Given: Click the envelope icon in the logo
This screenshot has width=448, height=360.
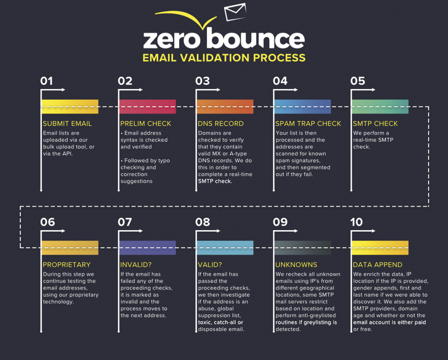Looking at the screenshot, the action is point(235,12).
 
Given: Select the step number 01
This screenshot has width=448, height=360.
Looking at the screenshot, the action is point(46,81).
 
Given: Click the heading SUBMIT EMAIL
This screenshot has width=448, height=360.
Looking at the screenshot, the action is point(67,124).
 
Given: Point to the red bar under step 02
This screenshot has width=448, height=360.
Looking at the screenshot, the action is point(147,107).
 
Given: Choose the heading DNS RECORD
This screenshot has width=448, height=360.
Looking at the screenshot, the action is point(221,124).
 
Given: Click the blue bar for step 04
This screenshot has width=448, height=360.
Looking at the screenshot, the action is point(302,107).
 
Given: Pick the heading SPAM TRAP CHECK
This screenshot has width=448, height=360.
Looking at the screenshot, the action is point(308,124).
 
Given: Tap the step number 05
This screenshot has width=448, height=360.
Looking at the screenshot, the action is point(358,81).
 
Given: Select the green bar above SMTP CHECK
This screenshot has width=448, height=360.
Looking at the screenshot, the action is point(380,107).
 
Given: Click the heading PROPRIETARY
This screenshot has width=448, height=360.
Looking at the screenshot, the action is point(67,265).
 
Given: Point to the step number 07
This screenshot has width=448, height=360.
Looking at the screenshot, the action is point(125,222).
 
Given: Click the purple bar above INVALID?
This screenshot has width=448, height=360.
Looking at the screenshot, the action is point(147,248).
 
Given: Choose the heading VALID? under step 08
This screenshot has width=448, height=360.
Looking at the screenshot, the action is point(210,265).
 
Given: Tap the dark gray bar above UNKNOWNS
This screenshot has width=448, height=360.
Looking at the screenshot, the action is point(302,248).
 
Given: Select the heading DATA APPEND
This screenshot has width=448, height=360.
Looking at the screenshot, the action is point(378,265).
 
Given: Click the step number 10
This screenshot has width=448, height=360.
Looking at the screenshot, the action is point(356,222).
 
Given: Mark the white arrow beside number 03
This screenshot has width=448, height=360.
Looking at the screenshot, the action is point(208,90).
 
